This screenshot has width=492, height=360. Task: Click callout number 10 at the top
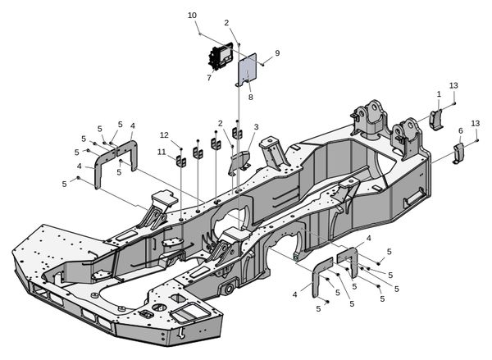click(192, 16)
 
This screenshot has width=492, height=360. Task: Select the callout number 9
click(277, 53)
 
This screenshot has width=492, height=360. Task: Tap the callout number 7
click(209, 78)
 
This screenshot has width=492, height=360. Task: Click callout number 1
click(439, 94)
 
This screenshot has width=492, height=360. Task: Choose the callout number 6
click(460, 130)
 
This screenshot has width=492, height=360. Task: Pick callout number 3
click(256, 127)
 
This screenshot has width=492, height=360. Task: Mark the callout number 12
click(164, 134)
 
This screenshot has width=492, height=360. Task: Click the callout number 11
click(162, 152)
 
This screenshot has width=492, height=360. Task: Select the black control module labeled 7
click(220, 58)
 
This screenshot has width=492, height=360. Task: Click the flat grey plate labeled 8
click(248, 69)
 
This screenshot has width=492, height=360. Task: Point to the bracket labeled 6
click(459, 153)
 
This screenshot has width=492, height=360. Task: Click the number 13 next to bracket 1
click(453, 85)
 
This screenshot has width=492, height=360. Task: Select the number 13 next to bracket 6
click(475, 123)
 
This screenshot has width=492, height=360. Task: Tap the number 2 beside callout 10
click(226, 23)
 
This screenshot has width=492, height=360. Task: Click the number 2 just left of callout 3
click(220, 123)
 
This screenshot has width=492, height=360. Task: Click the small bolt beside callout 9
click(263, 62)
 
